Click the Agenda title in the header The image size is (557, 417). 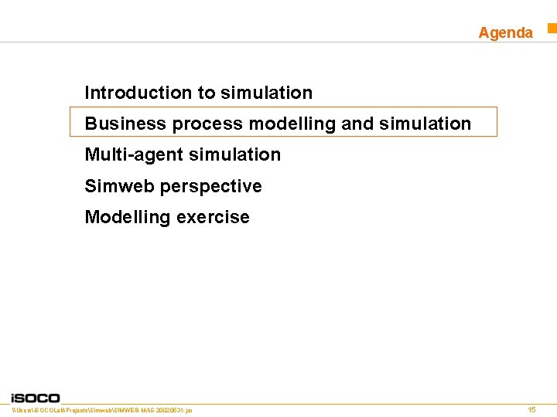pos(505,32)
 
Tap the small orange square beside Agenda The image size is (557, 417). pos(552,29)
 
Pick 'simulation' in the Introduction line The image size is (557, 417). pos(266,93)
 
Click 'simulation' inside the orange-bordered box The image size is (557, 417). pos(425,124)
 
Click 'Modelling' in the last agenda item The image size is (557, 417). pos(128,218)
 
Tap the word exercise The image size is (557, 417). pos(214,218)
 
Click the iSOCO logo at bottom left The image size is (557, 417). pos(36,397)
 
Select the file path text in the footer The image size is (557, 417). pos(102,409)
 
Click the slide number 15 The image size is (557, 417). pos(531,409)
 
